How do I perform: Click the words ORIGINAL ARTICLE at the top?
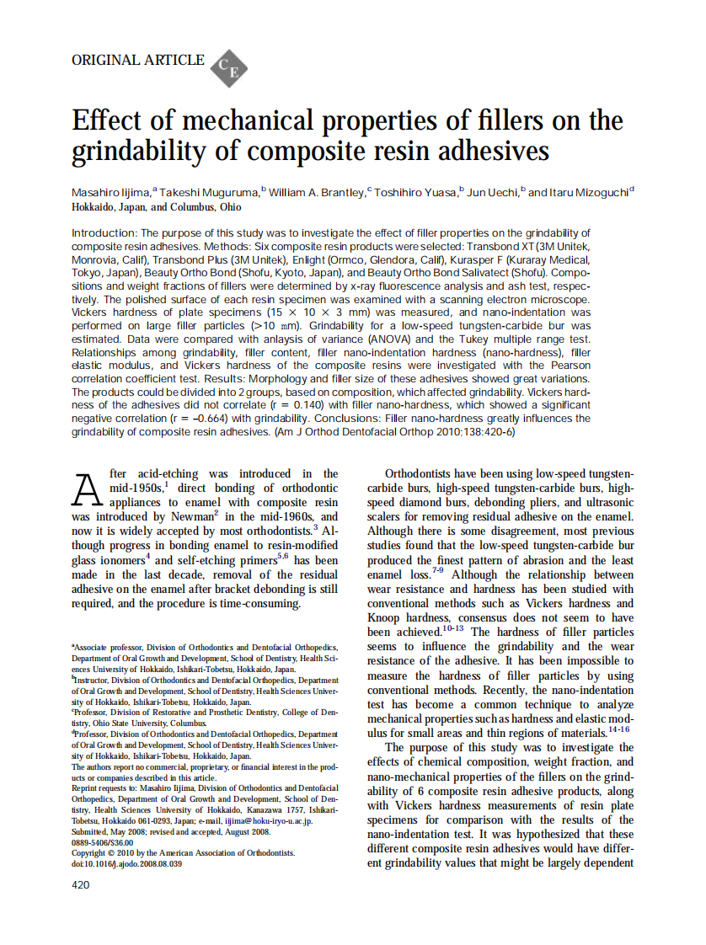click(137, 60)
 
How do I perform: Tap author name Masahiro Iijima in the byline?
click(110, 193)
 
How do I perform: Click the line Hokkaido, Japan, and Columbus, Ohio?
click(157, 207)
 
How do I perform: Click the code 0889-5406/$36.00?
click(103, 842)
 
